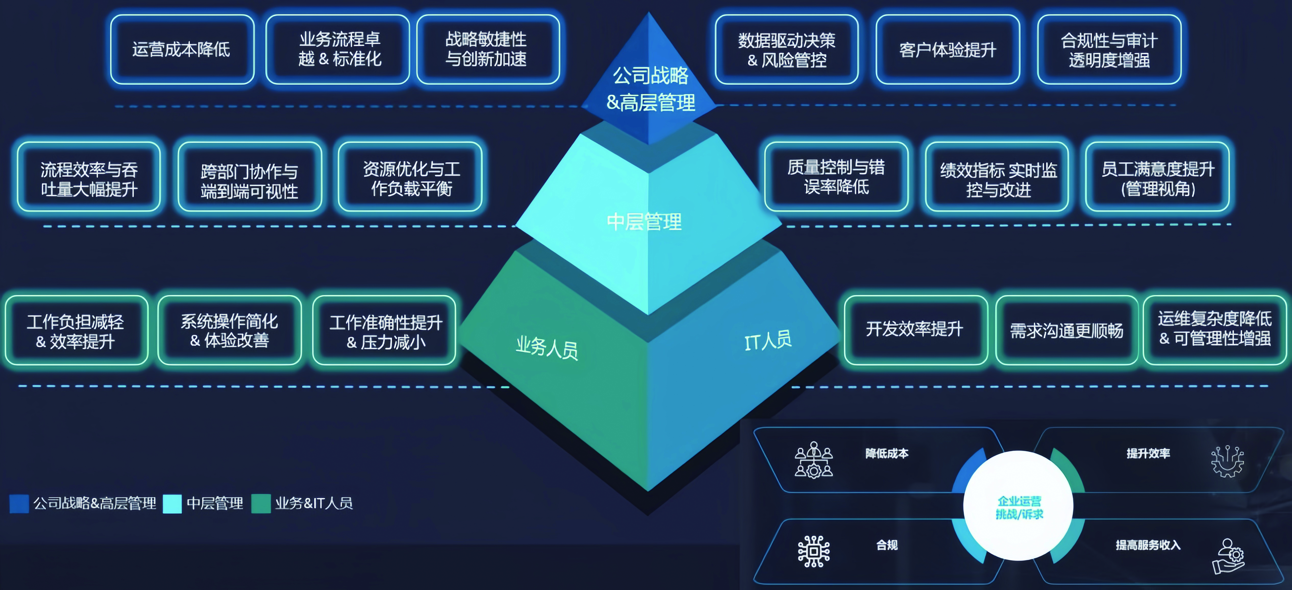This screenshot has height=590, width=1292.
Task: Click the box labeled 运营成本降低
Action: tap(182, 49)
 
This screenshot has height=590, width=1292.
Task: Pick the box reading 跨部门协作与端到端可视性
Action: tap(249, 181)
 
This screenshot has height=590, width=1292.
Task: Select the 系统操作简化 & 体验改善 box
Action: tap(229, 330)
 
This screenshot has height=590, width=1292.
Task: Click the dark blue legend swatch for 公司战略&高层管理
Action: tap(19, 503)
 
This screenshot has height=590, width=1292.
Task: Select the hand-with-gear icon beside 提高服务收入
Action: tap(1228, 555)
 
